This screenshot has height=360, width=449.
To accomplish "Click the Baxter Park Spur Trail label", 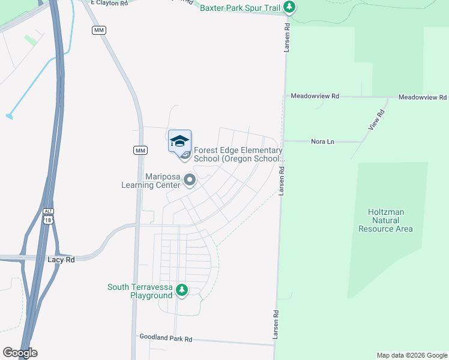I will click(x=240, y=8).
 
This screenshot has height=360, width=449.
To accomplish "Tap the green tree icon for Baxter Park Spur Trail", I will click(x=290, y=7).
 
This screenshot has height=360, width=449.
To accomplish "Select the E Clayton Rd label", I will click(x=110, y=3).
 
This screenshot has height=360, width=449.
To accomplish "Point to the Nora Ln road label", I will click(x=322, y=142).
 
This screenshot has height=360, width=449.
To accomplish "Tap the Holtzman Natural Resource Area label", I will click(x=385, y=220).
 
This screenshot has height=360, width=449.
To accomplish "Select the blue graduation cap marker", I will click(x=179, y=142).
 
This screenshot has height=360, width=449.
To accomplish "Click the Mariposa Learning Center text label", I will click(x=163, y=181).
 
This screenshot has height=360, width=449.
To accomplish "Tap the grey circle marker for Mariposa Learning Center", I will click(x=190, y=179).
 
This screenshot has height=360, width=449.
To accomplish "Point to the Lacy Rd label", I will click(x=61, y=260).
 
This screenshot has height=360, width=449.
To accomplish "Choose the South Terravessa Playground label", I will click(x=140, y=291).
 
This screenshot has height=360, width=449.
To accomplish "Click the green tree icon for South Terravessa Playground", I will click(x=182, y=290).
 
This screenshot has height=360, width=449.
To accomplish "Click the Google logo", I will click(x=20, y=353).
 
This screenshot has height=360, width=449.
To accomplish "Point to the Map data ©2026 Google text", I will click(x=411, y=355).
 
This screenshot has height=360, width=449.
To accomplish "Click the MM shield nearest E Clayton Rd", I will click(x=99, y=30).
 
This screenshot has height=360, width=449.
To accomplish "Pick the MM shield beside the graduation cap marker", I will click(x=140, y=150).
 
